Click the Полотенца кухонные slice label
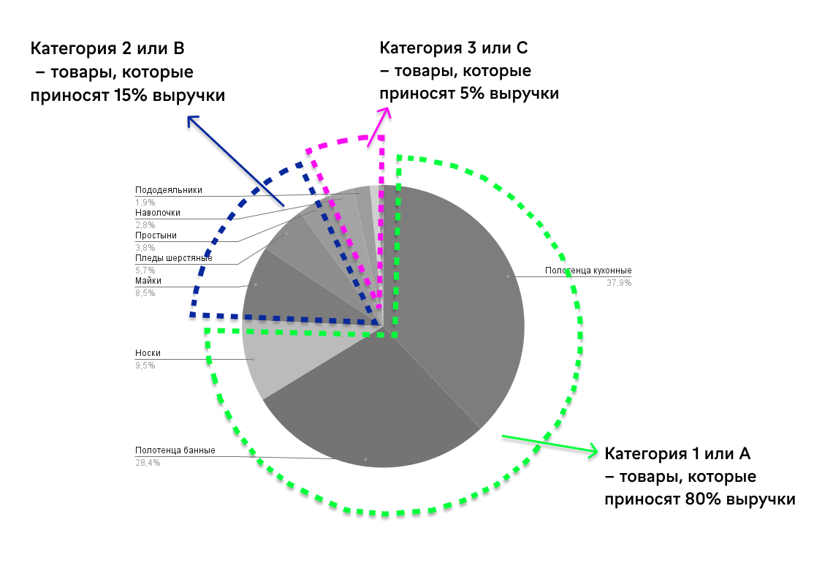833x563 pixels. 587,271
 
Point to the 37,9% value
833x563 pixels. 619,283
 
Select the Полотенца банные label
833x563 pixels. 175,450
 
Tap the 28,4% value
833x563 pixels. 148,463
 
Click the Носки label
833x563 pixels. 148,353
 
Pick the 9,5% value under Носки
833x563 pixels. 145,366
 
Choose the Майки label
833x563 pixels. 148,281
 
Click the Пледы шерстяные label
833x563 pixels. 174,258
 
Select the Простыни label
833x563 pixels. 156,235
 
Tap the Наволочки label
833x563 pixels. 157,213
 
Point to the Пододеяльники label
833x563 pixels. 168,190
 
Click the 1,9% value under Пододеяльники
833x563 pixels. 145,202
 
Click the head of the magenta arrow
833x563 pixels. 385,110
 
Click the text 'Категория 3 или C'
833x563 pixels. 453,48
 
